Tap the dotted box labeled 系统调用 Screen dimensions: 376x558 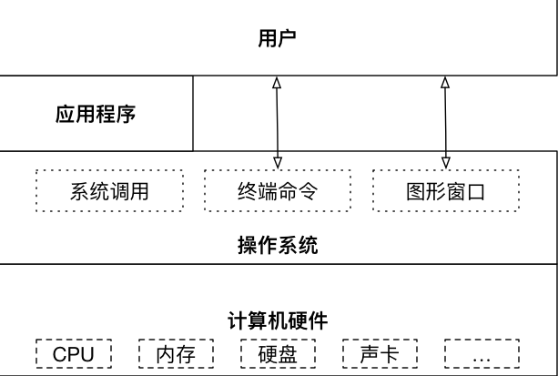(109, 192)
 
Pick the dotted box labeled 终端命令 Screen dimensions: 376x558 (277, 192)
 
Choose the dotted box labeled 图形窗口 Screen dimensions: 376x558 (445, 192)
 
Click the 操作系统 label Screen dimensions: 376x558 (278, 245)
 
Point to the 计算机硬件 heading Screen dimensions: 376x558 (278, 320)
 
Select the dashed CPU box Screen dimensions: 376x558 (73, 353)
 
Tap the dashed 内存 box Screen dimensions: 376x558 (176, 353)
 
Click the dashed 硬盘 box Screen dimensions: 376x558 (278, 353)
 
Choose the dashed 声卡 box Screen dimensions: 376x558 (380, 353)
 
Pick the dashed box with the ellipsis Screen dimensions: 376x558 (482, 353)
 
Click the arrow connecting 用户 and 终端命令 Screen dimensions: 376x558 (278, 122)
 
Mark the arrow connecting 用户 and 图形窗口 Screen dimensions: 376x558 (445, 122)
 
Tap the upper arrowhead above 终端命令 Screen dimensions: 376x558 (278, 83)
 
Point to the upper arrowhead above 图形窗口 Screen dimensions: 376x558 (445, 83)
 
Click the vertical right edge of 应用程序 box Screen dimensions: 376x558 (194, 113)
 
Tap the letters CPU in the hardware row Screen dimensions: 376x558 (73, 353)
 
